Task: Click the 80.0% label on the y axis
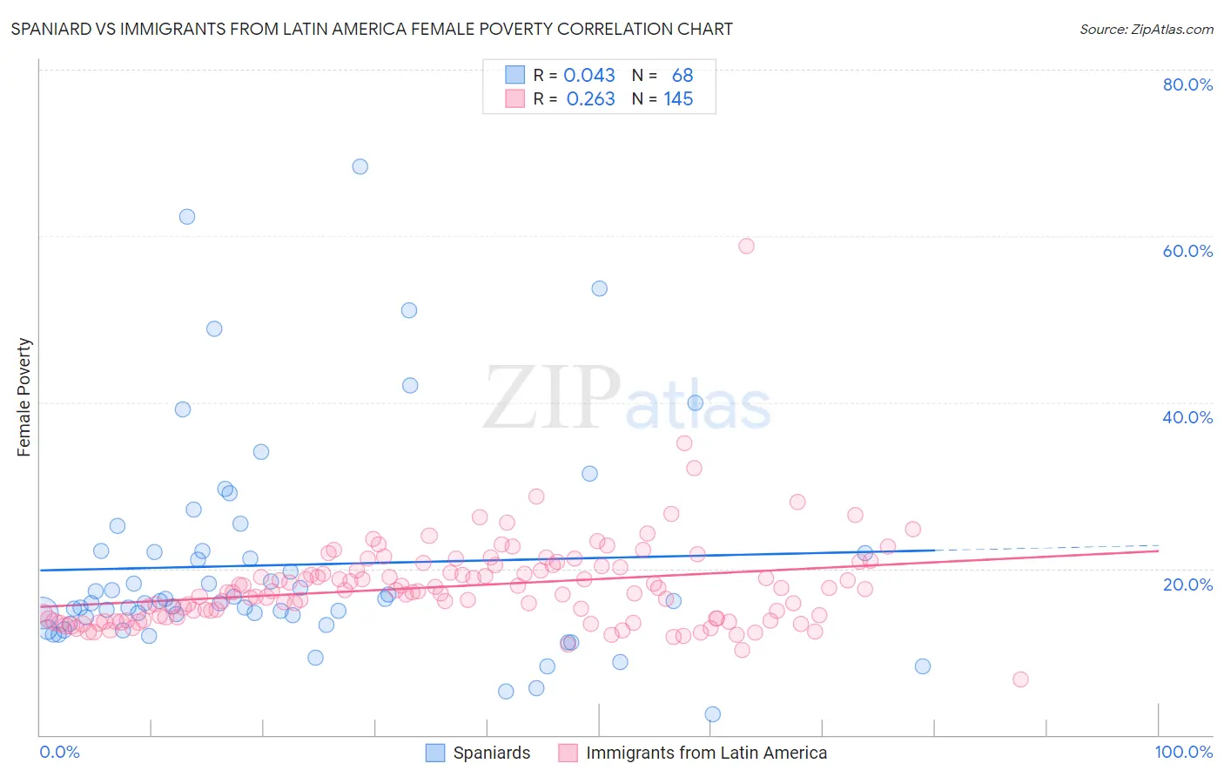(1187, 84)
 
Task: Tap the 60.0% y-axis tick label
(1187, 251)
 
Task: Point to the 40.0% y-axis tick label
(1187, 417)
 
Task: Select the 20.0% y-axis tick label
(1187, 584)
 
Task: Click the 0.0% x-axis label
(59, 752)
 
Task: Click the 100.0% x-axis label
(1183, 752)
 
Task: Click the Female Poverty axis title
(24, 397)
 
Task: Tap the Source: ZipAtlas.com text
(1146, 29)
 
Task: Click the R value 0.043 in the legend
(589, 76)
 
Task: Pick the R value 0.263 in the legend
(590, 99)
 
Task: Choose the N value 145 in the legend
(678, 99)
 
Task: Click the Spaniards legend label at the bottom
(491, 753)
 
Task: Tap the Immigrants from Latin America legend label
(706, 753)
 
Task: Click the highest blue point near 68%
(360, 166)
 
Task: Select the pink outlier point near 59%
(746, 246)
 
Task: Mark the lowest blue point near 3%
(712, 714)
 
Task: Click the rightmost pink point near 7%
(1020, 679)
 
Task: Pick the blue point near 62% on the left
(186, 217)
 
